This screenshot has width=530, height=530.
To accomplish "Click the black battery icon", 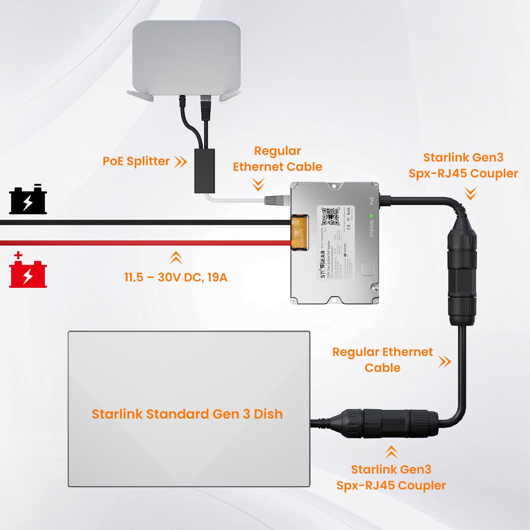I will [x=28, y=200].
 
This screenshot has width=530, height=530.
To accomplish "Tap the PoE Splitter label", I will [x=136, y=161].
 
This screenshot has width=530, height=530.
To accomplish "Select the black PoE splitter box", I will [x=204, y=171].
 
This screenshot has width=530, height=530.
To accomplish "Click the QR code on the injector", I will [x=330, y=217].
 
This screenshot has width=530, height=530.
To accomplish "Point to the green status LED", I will [x=371, y=216].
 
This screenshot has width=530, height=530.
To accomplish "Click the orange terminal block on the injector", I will [x=300, y=232].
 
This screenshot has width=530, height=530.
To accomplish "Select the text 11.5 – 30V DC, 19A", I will [x=176, y=277].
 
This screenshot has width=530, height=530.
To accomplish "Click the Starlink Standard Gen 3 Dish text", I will [x=187, y=414].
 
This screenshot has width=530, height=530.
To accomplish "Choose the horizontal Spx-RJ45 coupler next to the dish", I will [x=391, y=423].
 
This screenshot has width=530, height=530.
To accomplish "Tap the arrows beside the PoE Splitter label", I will [x=181, y=162].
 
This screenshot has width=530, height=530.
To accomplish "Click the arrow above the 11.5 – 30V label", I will [x=176, y=257].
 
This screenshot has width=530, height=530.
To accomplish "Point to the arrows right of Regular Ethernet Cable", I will [x=445, y=361].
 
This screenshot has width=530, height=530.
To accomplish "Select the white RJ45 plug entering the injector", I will [x=277, y=200].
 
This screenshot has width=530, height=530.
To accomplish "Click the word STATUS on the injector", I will [x=371, y=229].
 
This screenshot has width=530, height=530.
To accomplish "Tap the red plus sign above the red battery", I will [x=19, y=255].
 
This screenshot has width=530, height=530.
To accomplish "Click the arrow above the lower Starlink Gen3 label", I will [x=391, y=452].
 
